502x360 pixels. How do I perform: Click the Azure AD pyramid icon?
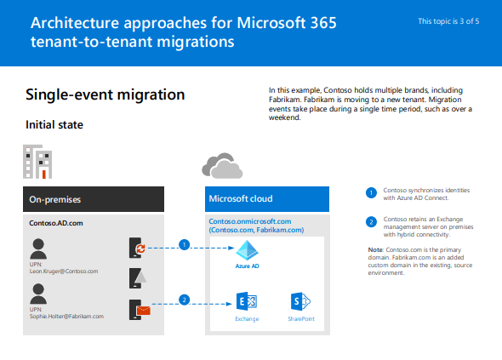pyautogui.click(x=247, y=250)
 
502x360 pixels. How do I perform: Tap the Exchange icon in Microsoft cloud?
pyautogui.click(x=247, y=301)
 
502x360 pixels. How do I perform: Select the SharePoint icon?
pyautogui.click(x=300, y=301)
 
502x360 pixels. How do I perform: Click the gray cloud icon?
pyautogui.click(x=222, y=166)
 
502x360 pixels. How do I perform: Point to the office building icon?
pyautogui.click(x=37, y=162)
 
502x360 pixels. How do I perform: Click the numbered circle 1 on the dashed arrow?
pyautogui.click(x=184, y=245)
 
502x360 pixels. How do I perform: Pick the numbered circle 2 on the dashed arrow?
pyautogui.click(x=184, y=300)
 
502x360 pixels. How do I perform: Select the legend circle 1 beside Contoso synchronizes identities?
pyautogui.click(x=371, y=193)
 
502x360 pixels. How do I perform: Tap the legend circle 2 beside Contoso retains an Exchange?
pyautogui.click(x=371, y=221)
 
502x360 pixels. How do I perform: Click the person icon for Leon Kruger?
pyautogui.click(x=38, y=249)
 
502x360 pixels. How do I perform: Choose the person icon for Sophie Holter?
pyautogui.click(x=38, y=294)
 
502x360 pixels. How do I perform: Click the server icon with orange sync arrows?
pyautogui.click(x=137, y=248)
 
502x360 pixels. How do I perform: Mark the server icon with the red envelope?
pyautogui.click(x=140, y=310)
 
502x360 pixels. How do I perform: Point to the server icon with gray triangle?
pyautogui.click(x=138, y=278)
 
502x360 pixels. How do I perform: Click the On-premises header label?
pyautogui.click(x=55, y=199)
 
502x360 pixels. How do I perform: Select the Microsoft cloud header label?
pyautogui.click(x=241, y=198)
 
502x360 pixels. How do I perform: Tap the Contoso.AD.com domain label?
pyautogui.click(x=56, y=223)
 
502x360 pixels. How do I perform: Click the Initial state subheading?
pyautogui.click(x=54, y=124)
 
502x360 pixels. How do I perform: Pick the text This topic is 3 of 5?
pyautogui.click(x=448, y=21)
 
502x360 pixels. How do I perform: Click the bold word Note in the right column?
pyautogui.click(x=375, y=250)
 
